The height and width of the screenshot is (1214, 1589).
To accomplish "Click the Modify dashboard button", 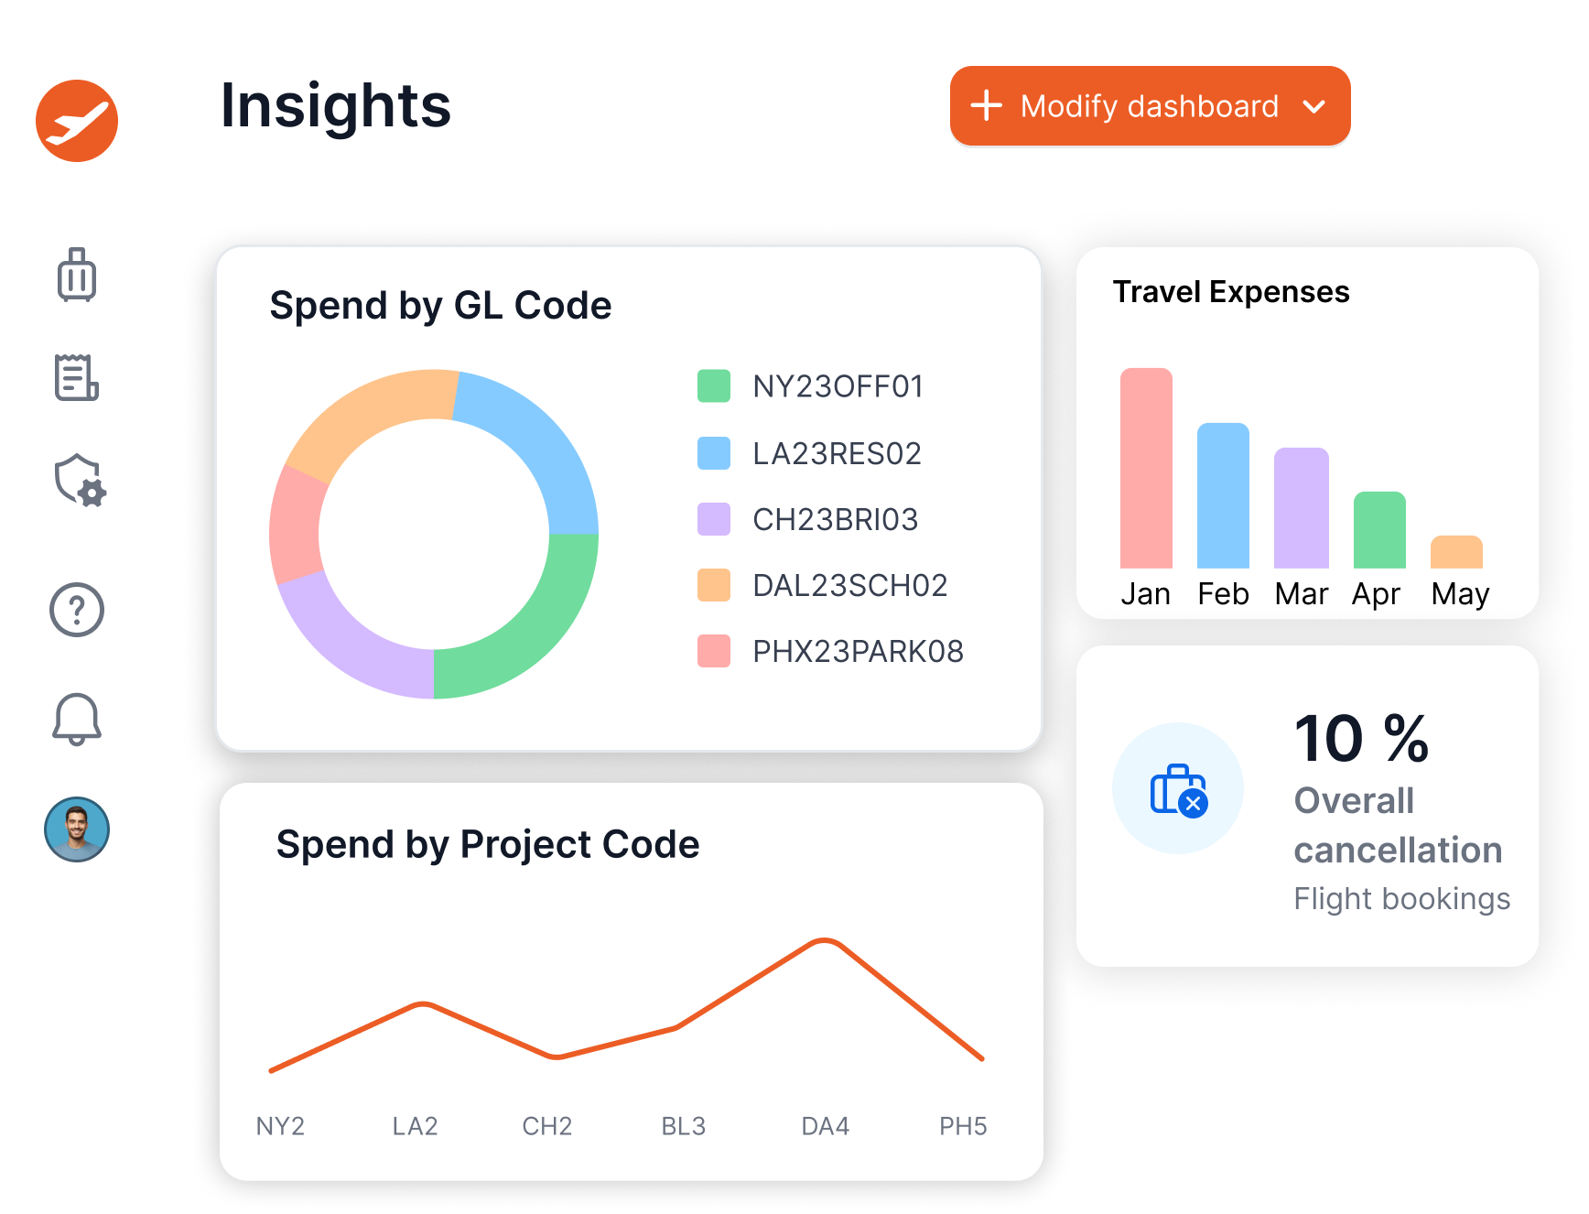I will point(1150,106).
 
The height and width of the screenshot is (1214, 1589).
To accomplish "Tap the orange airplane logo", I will point(77,121).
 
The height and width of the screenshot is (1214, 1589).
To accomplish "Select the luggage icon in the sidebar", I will point(77,275).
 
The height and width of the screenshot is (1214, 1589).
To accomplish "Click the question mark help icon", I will point(77,610).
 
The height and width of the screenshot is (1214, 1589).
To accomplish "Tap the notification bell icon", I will point(77,720).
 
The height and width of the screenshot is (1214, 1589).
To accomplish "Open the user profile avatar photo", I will point(77,829).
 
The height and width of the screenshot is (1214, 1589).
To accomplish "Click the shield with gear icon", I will point(80,481).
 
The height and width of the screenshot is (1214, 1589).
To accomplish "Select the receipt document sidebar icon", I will point(77,377).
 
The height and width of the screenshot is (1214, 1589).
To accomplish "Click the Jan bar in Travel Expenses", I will point(1146,469).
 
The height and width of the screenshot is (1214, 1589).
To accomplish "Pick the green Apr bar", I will point(1379,531).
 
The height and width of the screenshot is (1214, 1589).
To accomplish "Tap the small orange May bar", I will point(1456,553).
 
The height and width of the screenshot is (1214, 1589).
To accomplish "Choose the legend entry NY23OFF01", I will point(838,386).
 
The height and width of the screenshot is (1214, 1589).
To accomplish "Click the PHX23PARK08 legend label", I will point(858,651).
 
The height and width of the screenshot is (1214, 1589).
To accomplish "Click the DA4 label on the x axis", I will point(825,1126).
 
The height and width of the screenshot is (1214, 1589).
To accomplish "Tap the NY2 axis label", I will point(280,1126).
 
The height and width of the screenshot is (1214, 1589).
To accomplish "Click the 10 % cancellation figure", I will point(1361,739).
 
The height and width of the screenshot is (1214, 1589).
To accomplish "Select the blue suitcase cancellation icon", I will point(1178,789).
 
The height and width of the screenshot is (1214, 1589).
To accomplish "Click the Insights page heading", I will point(336,105).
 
